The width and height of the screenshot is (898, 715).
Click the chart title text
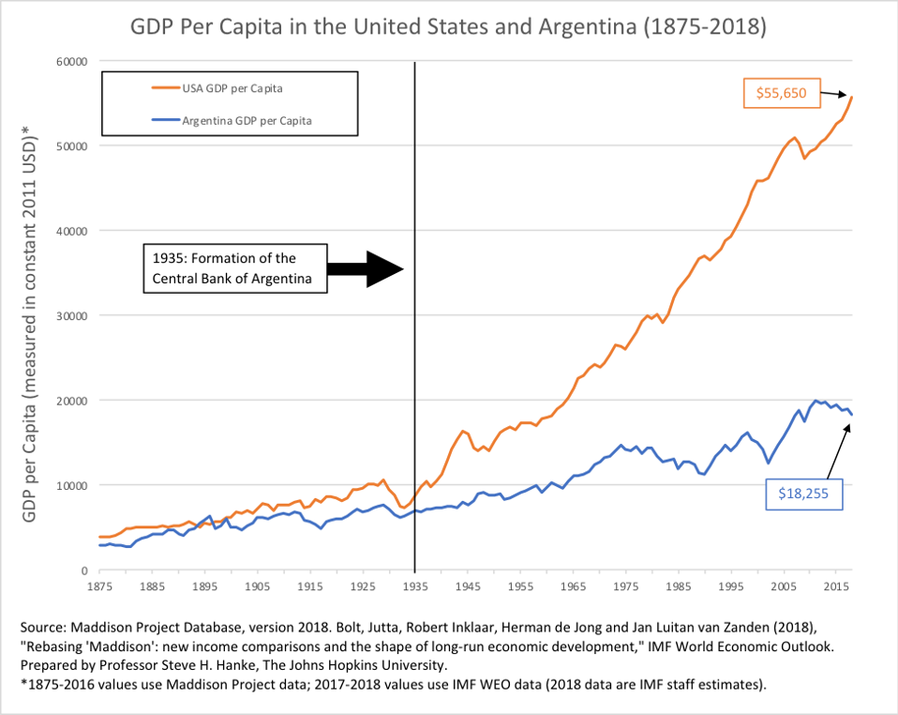449,26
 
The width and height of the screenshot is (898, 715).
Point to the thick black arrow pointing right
369,268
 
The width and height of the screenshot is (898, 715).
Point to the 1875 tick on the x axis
100,586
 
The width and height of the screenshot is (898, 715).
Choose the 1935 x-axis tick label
414,586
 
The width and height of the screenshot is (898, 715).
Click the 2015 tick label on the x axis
835,586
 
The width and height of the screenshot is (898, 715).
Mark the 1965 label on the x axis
572,586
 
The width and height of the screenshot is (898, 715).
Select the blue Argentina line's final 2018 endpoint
851,415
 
